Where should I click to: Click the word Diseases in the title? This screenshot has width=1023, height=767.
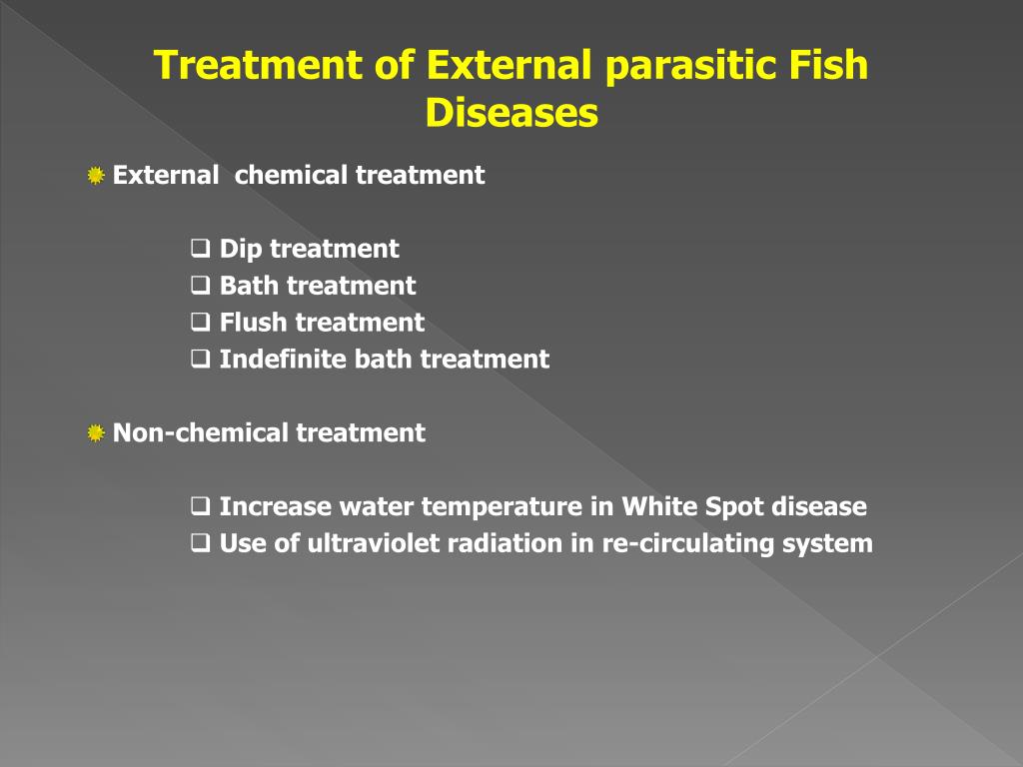tap(511, 113)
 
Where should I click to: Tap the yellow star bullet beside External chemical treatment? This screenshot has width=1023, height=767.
tap(96, 177)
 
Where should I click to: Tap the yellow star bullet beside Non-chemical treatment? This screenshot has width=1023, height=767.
tap(96, 433)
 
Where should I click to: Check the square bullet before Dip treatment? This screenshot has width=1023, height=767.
tap(200, 248)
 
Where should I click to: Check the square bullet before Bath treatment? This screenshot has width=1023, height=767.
tap(200, 285)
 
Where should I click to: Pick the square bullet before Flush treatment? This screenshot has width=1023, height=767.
tap(200, 322)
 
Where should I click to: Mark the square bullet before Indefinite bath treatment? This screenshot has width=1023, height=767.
tap(200, 359)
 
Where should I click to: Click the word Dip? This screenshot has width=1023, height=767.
tap(240, 249)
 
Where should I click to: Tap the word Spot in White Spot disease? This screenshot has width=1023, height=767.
tap(734, 507)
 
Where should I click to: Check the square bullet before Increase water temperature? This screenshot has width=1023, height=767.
tap(200, 506)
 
